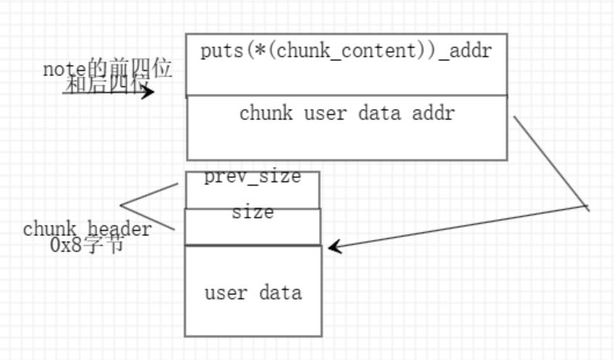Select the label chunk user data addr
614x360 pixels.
coord(347,114)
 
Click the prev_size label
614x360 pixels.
coord(252,176)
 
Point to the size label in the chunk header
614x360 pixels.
coord(253,212)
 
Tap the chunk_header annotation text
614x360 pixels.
coord(87,229)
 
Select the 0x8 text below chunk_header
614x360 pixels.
coord(63,245)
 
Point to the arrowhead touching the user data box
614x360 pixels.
coord(334,247)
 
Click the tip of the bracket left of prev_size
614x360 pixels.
coord(121,206)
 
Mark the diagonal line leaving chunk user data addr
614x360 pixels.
coord(550,162)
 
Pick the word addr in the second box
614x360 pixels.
coord(434,114)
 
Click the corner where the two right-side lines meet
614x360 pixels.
coord(588,208)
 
